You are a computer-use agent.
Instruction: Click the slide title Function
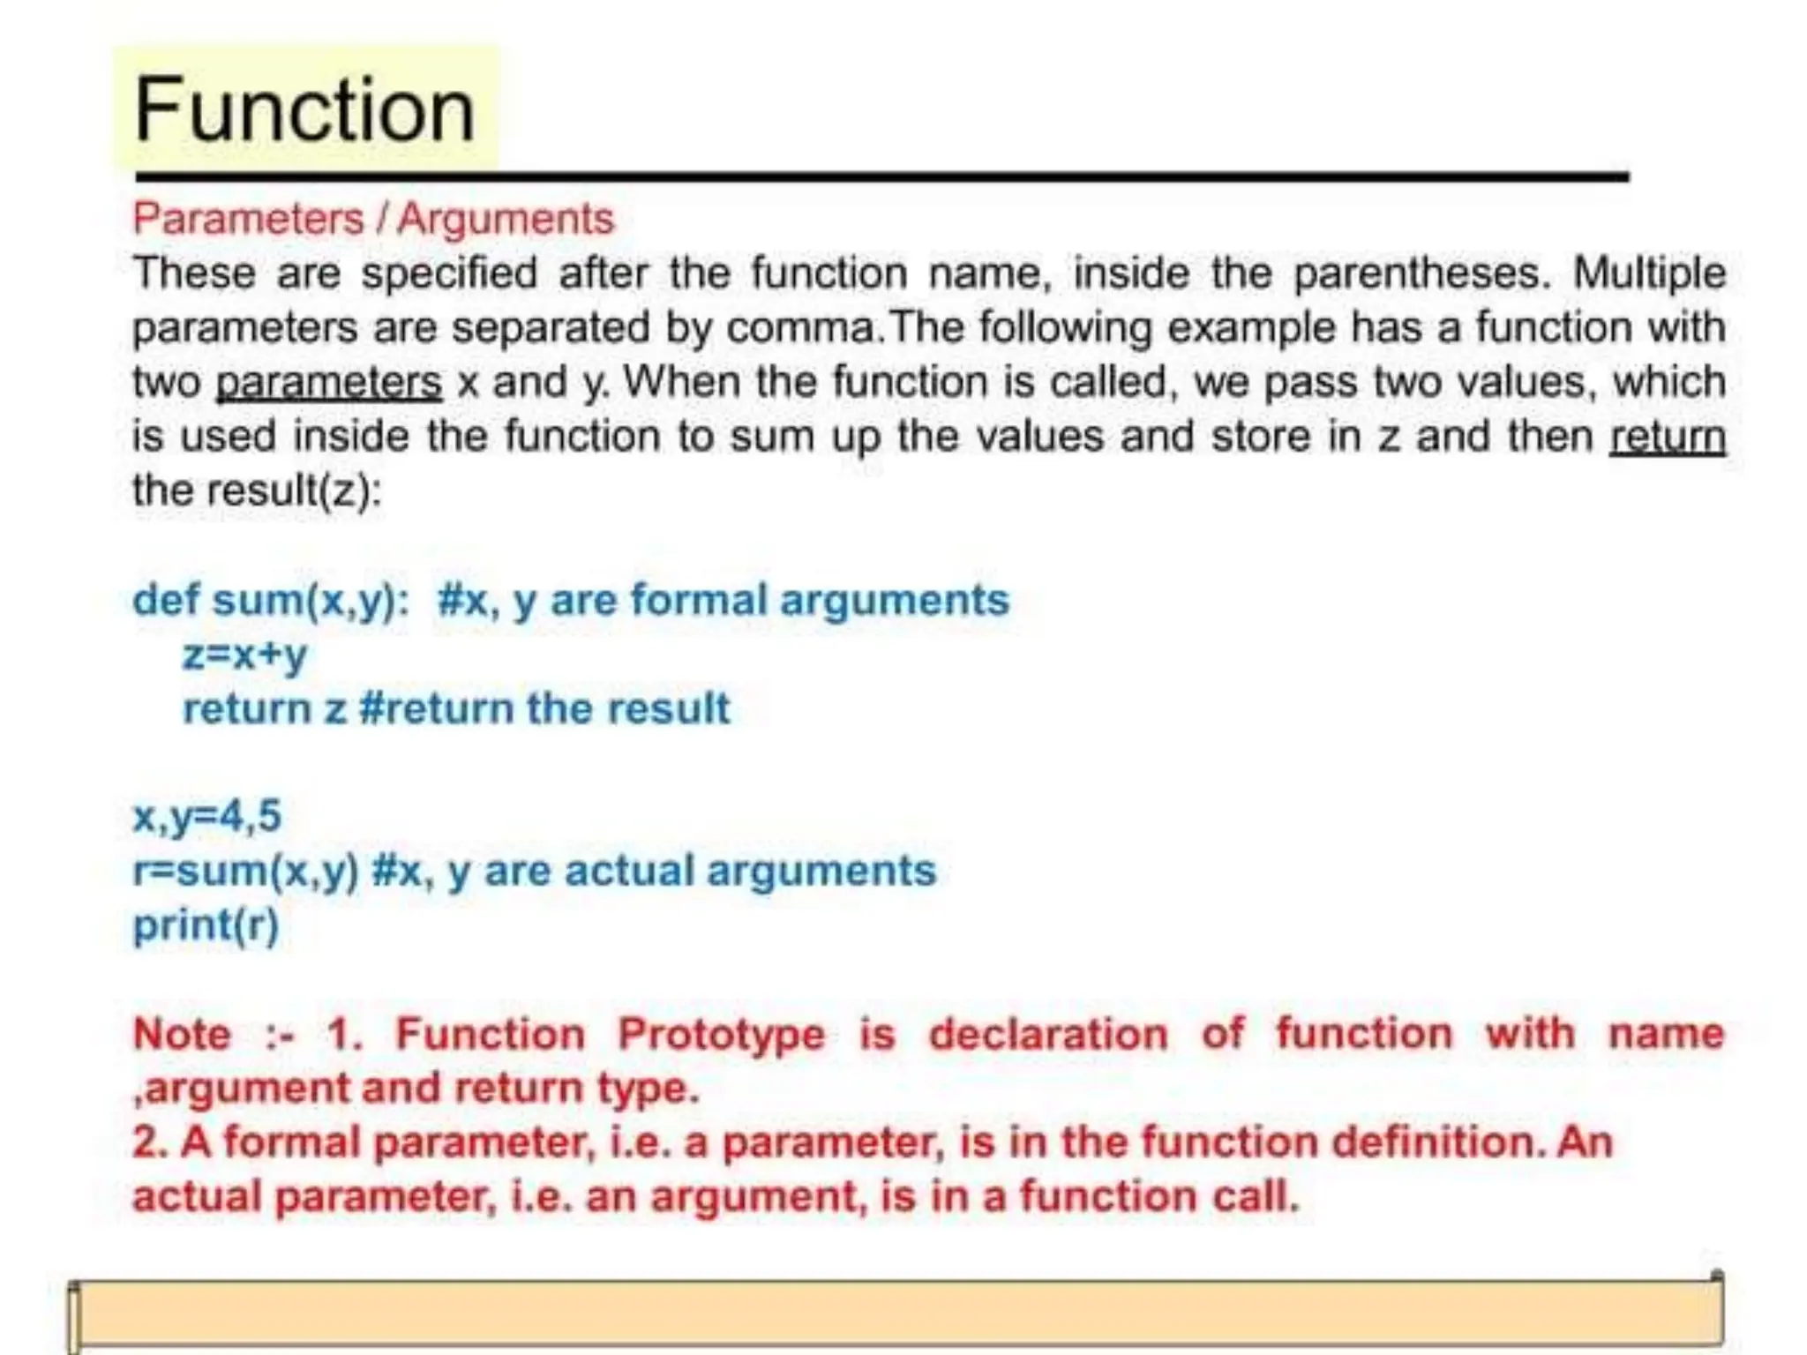pos(304,109)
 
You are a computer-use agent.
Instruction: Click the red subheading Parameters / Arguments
pos(372,219)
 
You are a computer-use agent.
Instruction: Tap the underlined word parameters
pos(328,382)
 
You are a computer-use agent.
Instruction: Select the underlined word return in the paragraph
pos(1667,437)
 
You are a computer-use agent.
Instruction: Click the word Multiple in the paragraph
pos(1649,273)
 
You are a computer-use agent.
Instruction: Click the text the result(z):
pos(257,490)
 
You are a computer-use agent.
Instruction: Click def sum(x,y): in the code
pos(270,600)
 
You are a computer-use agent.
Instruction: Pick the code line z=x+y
pos(244,654)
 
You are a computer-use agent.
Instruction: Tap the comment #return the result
pos(544,708)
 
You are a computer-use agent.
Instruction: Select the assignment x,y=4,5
pos(206,815)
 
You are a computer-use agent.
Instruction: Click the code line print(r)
pos(206,925)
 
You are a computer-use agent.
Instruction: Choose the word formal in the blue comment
pos(698,600)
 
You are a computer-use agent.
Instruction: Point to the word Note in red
pos(182,1034)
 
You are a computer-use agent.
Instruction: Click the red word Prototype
pos(720,1034)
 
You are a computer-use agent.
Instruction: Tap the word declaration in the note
pos(1048,1034)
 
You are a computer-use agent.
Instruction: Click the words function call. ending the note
pos(1159,1197)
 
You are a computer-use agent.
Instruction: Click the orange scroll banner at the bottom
pos(896,1312)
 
